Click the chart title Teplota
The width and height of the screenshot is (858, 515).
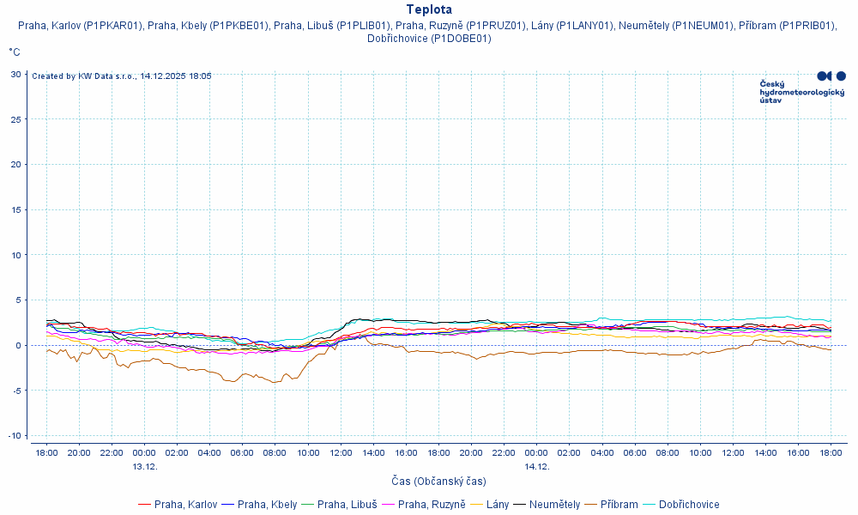[429, 9]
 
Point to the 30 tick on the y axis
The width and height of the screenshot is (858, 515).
[15, 74]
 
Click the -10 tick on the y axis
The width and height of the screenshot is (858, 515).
[14, 436]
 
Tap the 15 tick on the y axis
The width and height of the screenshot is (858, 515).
[15, 209]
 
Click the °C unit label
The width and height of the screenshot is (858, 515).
[15, 52]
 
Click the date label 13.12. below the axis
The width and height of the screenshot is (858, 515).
[145, 466]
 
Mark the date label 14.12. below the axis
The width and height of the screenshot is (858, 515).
[536, 466]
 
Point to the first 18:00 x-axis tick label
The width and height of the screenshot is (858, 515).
[46, 452]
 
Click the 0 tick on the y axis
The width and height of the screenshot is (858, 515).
[18, 345]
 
